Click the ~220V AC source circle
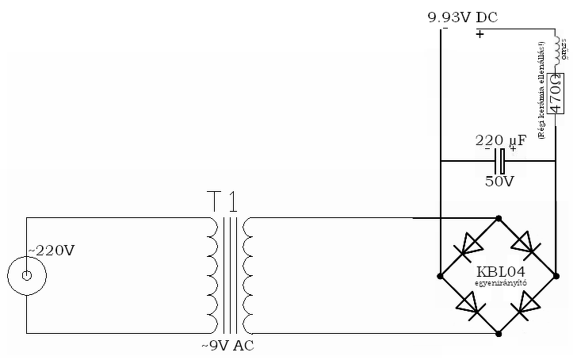pyautogui.click(x=26, y=276)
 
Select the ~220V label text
pyautogui.click(x=52, y=251)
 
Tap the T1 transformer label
pyautogui.click(x=223, y=202)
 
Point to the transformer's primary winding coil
pyautogui.click(x=212, y=275)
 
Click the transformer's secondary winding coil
pyautogui.click(x=248, y=275)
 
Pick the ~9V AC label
pyautogui.click(x=228, y=346)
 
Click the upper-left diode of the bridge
pyautogui.click(x=468, y=246)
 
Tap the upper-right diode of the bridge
pyautogui.click(x=528, y=246)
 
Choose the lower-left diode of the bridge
pyautogui.click(x=468, y=305)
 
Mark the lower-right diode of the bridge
pyautogui.click(x=528, y=305)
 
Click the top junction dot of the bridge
pyautogui.click(x=498, y=217)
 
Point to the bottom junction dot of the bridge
pyautogui.click(x=498, y=334)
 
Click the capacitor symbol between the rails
pyautogui.click(x=499, y=161)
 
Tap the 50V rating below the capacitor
pyautogui.click(x=499, y=181)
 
